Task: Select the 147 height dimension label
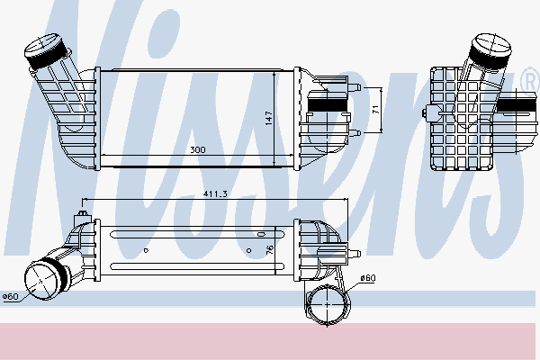[x=268, y=117]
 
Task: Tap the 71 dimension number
[x=375, y=110]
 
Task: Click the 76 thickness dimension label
[x=268, y=249]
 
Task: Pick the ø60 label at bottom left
[x=10, y=296]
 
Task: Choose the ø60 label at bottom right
[x=366, y=278]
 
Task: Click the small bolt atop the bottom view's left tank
[x=83, y=216]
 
